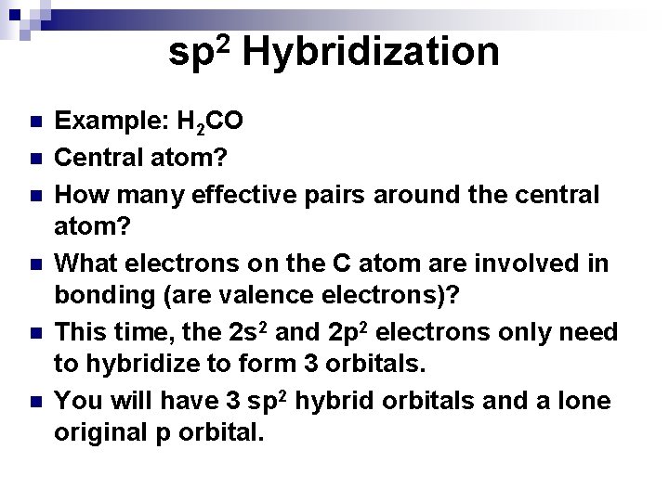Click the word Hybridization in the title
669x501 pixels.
(372, 52)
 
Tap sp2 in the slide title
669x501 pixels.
(200, 52)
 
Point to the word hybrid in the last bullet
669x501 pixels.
(341, 402)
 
